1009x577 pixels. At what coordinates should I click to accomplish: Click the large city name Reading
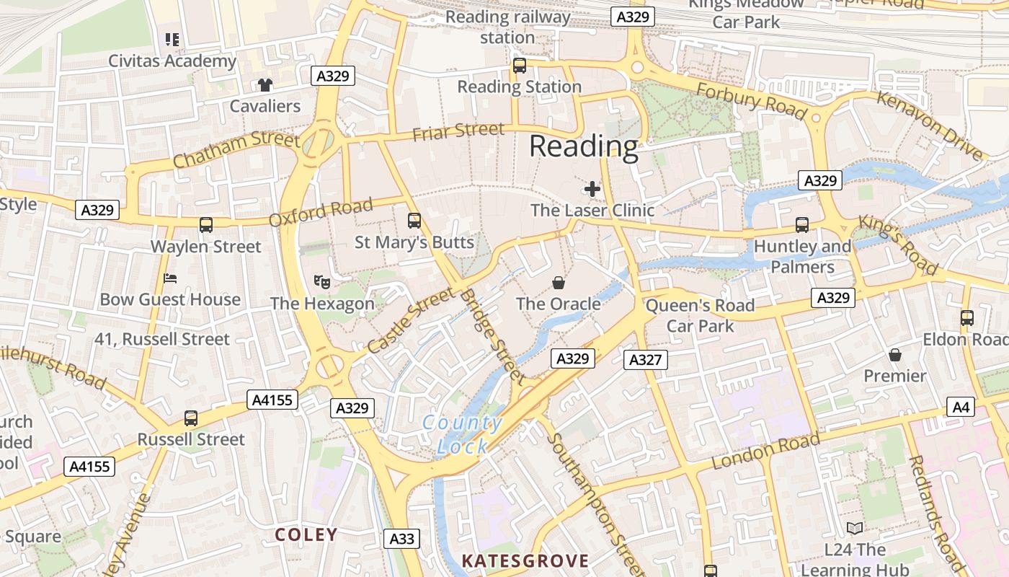pos(584,147)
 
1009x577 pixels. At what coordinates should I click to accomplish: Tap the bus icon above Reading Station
pos(519,66)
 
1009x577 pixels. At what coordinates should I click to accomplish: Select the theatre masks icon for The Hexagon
pos(321,281)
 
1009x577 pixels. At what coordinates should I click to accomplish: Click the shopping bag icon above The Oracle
pos(558,282)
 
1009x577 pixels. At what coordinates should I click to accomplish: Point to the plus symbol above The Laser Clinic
pos(592,189)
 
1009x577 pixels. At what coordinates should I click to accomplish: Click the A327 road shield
pos(645,359)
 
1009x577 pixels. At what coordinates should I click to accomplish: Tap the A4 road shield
pos(961,407)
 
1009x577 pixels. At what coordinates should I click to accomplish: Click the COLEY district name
pos(306,534)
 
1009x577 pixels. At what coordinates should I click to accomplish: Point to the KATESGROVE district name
pos(525,560)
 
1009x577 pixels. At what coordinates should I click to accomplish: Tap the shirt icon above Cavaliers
pos(265,84)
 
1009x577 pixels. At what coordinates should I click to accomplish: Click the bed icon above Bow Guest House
pos(170,278)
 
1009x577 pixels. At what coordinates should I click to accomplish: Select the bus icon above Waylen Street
pos(206,225)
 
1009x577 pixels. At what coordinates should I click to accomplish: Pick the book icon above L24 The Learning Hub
pos(854,528)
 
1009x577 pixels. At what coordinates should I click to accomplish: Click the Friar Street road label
pos(458,131)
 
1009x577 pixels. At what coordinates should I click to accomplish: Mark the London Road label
pos(765,451)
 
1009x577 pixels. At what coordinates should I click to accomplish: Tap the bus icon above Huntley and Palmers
pos(801,224)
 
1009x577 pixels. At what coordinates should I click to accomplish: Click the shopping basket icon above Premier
pos(894,354)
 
